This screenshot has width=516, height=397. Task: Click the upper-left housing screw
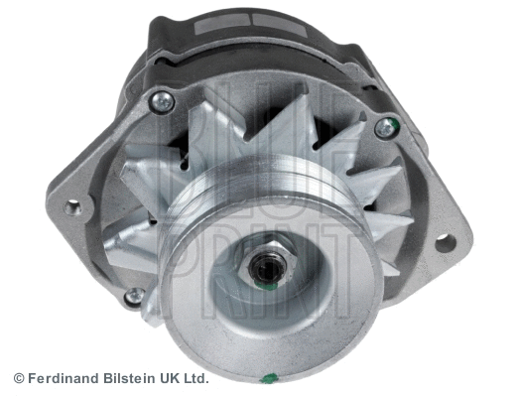[x=160, y=101]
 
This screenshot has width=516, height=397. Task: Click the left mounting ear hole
[x=72, y=207]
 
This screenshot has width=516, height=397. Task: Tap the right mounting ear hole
[x=443, y=240]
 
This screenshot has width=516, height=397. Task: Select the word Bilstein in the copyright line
[x=131, y=378]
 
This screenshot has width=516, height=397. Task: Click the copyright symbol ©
[x=18, y=378]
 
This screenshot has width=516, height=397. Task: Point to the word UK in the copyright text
[x=174, y=378]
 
